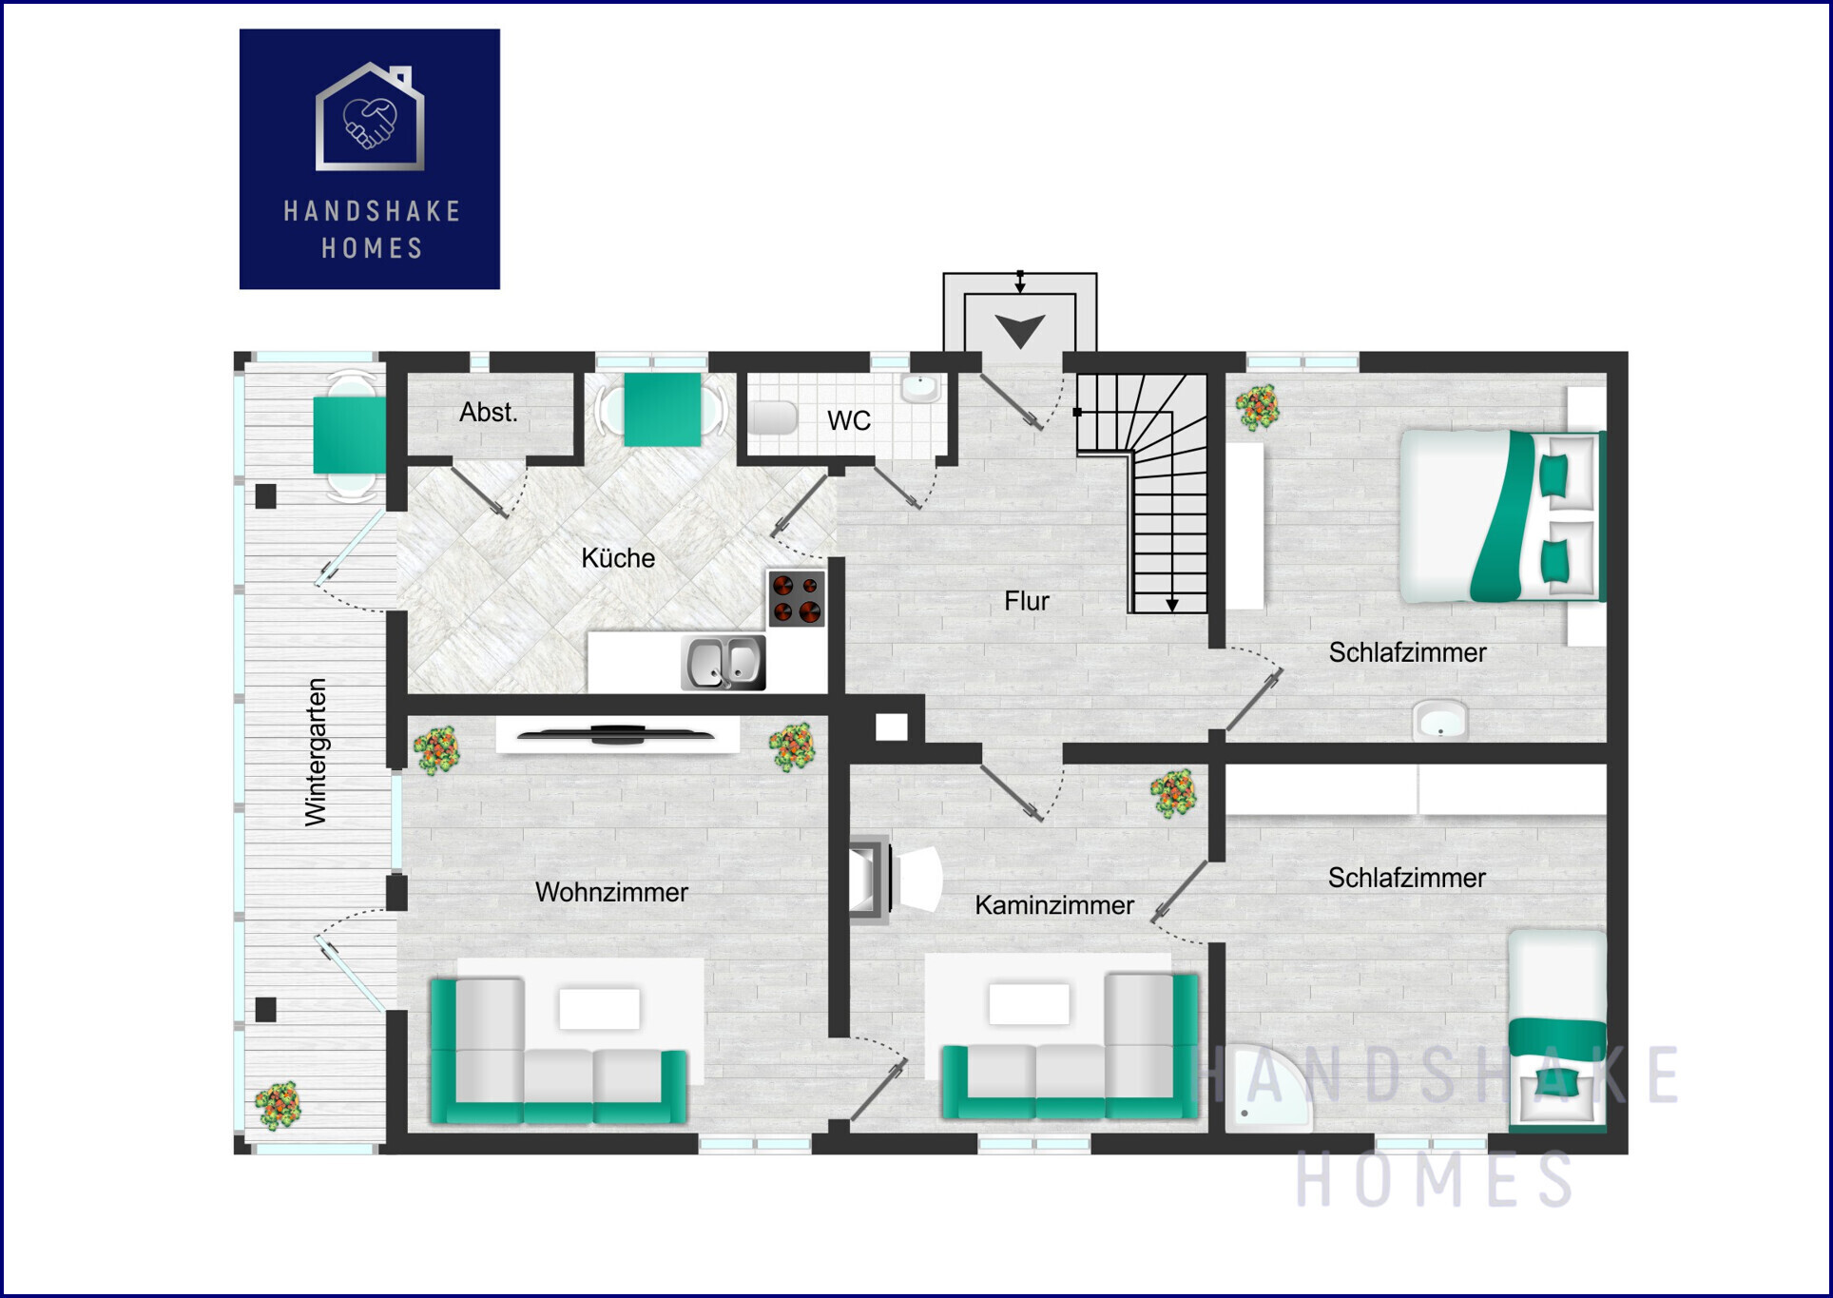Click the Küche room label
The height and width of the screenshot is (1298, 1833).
[618, 558]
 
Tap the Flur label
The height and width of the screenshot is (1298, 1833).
[1027, 601]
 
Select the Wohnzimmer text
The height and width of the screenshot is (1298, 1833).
[611, 892]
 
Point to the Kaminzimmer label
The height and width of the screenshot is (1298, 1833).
[1054, 905]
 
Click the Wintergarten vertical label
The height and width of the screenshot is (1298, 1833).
[316, 752]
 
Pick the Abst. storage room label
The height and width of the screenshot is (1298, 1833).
[489, 413]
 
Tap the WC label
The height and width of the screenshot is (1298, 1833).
[849, 420]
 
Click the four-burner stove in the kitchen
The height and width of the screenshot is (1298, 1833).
[797, 599]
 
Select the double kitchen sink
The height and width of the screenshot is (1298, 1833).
[724, 663]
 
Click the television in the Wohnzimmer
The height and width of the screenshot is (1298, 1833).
[616, 734]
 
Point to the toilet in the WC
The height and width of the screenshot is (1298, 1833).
[773, 417]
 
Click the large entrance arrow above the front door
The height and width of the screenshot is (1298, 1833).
[1020, 331]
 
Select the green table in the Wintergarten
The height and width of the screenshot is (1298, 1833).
[350, 435]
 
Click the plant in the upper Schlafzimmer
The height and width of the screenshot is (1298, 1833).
[1258, 408]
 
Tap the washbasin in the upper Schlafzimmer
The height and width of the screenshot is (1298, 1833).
[1440, 720]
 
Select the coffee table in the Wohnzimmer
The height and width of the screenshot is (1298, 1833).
[599, 1009]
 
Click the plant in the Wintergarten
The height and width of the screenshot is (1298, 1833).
[278, 1106]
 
